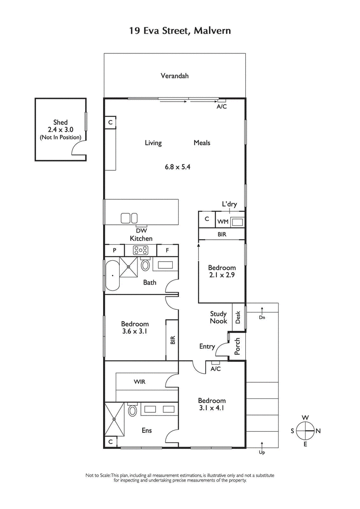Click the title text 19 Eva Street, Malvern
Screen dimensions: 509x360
[x=180, y=31]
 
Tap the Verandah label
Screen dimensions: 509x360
[x=175, y=76]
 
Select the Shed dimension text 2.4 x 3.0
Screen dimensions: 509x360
[x=60, y=129]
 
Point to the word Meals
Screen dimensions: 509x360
[x=202, y=143]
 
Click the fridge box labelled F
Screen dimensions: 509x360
[x=167, y=250]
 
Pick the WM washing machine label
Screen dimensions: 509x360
[x=223, y=222]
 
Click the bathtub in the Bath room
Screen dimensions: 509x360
[x=112, y=275]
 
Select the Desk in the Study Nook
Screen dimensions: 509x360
[x=238, y=318]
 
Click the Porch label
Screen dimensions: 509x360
[x=238, y=345]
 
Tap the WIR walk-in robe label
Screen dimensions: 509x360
[x=139, y=382]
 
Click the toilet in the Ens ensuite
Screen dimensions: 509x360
[x=133, y=410]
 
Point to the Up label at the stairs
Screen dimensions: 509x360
[x=262, y=452]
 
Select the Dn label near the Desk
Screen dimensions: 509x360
[x=262, y=317]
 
